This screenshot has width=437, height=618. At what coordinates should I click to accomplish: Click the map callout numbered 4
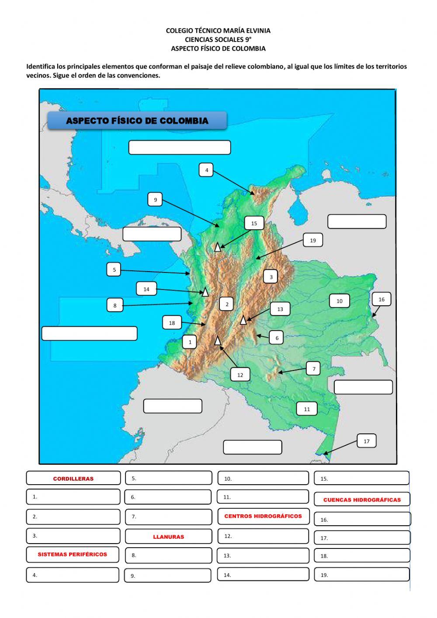[x=206, y=170]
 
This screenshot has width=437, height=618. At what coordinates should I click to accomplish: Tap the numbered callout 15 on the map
[x=254, y=223]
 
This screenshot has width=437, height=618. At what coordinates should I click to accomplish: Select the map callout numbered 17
[x=366, y=441]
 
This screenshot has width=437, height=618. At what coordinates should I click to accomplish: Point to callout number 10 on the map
[x=339, y=301]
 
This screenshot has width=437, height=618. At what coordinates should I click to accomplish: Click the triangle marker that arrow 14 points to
[x=205, y=292]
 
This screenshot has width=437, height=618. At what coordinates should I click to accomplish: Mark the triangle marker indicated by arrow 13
[x=243, y=320]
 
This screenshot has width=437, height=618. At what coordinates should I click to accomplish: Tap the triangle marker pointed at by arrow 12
[x=218, y=340]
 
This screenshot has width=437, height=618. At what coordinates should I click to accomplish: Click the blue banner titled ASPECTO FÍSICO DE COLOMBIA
[x=137, y=121]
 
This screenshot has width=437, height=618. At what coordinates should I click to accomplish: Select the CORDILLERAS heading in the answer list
[x=73, y=478]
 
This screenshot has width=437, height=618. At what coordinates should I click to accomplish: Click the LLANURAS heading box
[x=168, y=537]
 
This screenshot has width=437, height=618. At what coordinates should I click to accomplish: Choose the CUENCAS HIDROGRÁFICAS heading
[x=362, y=499]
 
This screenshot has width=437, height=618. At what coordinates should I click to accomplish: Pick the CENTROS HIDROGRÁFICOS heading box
[x=263, y=516]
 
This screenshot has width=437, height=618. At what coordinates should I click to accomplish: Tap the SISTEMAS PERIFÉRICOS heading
[x=73, y=554]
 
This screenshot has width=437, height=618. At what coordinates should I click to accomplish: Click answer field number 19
[x=361, y=575]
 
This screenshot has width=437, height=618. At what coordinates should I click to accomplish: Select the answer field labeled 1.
[x=73, y=497]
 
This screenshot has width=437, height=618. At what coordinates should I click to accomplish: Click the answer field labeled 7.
[x=168, y=517]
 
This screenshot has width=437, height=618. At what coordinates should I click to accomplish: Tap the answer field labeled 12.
[x=263, y=536]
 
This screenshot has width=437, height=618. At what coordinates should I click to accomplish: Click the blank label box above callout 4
[x=179, y=147]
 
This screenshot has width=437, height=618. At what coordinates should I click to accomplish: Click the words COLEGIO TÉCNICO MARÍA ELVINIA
[x=218, y=31]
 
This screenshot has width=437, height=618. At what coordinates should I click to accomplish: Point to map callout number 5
[x=114, y=269]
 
